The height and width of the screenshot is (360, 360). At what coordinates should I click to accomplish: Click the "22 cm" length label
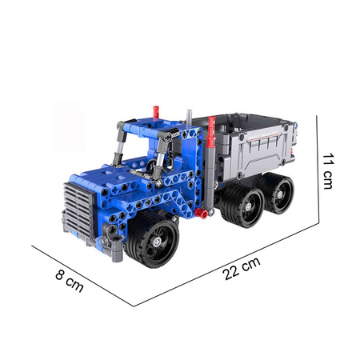point(242,271)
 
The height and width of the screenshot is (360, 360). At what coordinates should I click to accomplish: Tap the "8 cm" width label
point(70,282)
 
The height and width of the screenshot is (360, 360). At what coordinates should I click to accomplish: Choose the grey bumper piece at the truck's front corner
point(117,245)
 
